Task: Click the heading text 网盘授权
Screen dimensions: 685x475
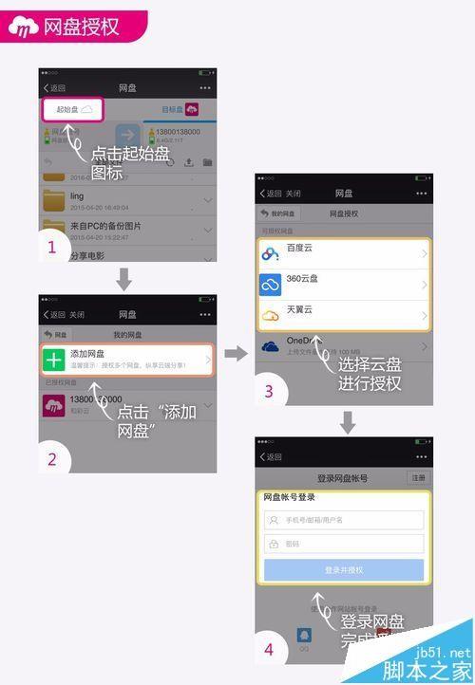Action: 82,27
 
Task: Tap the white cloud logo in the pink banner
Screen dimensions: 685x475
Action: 24,28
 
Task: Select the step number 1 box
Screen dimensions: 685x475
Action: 53,249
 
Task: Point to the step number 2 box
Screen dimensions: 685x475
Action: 53,459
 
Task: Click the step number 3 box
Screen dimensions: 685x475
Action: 270,391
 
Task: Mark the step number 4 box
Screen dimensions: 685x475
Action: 270,649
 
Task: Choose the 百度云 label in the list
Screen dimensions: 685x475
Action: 301,248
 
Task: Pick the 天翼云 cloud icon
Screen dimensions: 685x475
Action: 271,316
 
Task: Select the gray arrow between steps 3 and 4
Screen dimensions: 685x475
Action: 347,422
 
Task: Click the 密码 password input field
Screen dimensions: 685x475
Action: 343,544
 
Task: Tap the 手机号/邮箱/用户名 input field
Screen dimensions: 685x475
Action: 343,520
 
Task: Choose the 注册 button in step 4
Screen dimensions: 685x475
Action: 418,478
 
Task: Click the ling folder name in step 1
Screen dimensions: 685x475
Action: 77,196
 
